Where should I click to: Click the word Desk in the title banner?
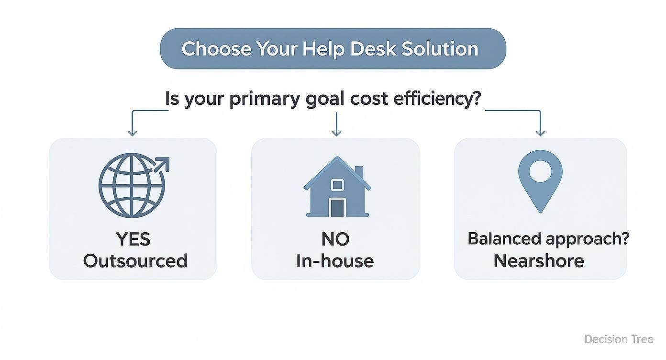coord(373,49)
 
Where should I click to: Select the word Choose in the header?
coord(216,49)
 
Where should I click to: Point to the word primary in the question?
coord(265,100)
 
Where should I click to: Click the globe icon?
coord(134,185)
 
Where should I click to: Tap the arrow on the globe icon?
coord(161,165)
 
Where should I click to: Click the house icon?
coord(337,187)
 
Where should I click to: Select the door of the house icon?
coord(337,208)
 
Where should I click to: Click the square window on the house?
coord(337,185)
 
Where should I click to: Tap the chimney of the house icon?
coord(359,172)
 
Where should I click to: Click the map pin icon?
coord(540,181)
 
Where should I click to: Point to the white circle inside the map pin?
coord(540,171)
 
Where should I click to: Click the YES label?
coord(133,239)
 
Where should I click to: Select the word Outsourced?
coord(135,261)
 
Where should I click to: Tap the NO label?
coord(335,239)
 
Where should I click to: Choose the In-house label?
coord(335,261)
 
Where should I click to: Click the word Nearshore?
coord(539,261)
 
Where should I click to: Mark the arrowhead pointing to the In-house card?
coord(336,133)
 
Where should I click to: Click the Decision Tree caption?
coord(619,339)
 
